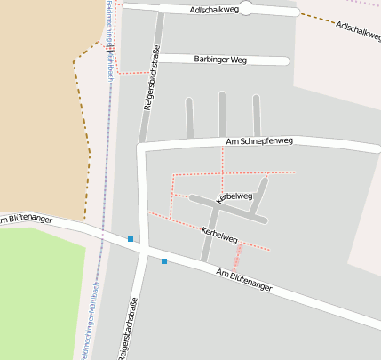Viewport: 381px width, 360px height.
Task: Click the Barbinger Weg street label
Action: click(x=220, y=60)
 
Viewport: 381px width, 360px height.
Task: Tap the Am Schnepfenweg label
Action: click(x=259, y=141)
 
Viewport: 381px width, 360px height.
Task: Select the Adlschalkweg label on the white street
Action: click(x=214, y=10)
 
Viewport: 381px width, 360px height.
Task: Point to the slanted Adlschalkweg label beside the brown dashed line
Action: click(x=358, y=30)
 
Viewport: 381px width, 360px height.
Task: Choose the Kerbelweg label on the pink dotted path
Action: click(x=218, y=234)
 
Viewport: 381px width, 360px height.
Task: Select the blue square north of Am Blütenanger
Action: click(x=131, y=239)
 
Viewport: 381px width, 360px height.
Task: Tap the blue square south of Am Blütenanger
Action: click(x=164, y=260)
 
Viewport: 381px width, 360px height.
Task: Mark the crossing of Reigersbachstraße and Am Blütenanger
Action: click(x=142, y=250)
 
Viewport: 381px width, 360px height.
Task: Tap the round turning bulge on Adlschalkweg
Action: click(x=246, y=9)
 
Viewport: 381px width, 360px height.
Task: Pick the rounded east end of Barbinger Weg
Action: click(x=285, y=61)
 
